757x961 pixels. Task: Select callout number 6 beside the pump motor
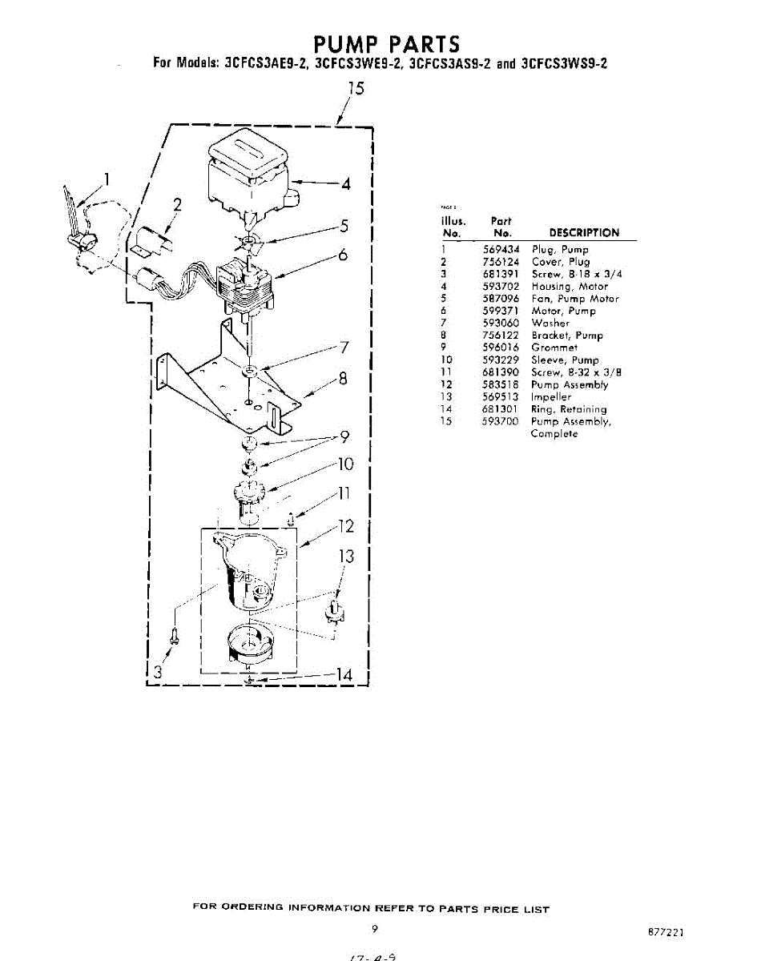point(343,255)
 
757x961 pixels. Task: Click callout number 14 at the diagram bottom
point(343,676)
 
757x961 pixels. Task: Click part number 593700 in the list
point(501,421)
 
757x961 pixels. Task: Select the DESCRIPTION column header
point(584,233)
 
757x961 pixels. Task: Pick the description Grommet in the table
point(554,348)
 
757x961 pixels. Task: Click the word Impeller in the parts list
point(552,396)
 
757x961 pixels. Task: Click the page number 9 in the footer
point(375,929)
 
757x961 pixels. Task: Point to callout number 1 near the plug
point(107,179)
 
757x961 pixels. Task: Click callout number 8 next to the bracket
point(343,380)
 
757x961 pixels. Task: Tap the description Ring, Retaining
point(569,409)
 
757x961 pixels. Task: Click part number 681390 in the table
point(501,372)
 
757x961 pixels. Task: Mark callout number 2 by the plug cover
point(176,204)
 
